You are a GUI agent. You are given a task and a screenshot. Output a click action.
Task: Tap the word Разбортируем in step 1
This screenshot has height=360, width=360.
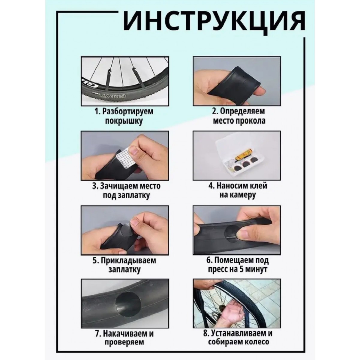[128, 111]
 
